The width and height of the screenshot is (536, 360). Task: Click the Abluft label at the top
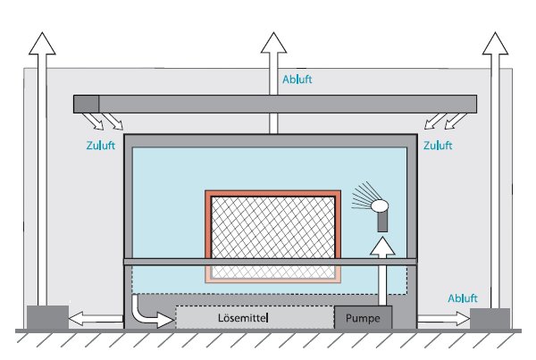pos(297,79)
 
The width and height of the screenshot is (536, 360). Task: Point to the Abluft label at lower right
pos(461,298)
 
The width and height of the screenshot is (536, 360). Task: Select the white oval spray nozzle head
pos(381,206)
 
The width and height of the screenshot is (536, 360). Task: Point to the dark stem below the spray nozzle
pos(382,222)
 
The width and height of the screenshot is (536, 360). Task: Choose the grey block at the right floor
pos(490,318)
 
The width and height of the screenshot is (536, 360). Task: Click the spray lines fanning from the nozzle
pos(363,197)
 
